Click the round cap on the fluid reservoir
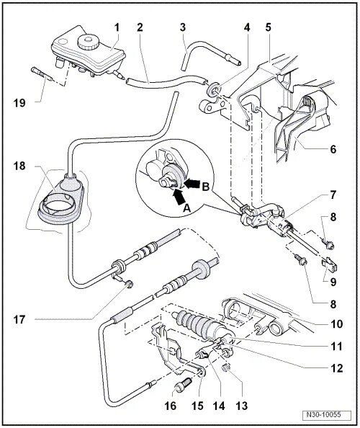[88, 42]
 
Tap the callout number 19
[19, 103]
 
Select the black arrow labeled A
[179, 198]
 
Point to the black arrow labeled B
[192, 182]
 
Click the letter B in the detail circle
[206, 187]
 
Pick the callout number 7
[333, 195]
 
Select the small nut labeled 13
[228, 369]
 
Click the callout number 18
[19, 166]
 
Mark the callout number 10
[336, 324]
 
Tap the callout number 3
[183, 27]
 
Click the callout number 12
[336, 368]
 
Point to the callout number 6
[333, 149]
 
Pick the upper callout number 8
[333, 218]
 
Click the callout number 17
[19, 319]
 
